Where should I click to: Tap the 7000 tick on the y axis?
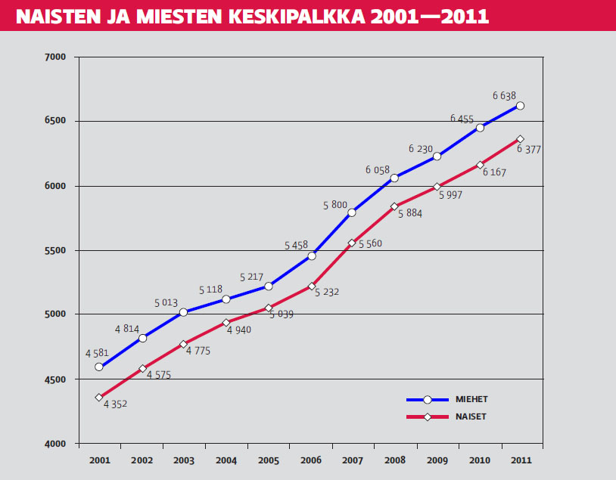point(56,57)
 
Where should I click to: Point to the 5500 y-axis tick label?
point(56,250)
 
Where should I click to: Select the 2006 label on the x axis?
point(310,460)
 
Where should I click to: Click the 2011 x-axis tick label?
point(521,460)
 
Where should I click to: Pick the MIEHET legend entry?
point(471,399)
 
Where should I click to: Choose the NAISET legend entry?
point(471,417)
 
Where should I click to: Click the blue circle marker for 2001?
point(99,367)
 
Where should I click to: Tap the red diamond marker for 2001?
point(99,398)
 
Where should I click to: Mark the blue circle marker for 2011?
point(521,106)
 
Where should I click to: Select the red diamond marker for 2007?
point(352,243)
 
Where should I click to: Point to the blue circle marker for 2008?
point(394,178)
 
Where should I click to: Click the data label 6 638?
point(504,96)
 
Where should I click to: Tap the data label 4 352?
point(115,404)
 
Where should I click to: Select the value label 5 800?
point(335,205)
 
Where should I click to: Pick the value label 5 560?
point(370,244)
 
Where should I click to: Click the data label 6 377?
point(528,150)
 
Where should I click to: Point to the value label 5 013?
point(166,303)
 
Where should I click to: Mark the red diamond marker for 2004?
point(226,323)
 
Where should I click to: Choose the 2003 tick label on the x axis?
point(183,460)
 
